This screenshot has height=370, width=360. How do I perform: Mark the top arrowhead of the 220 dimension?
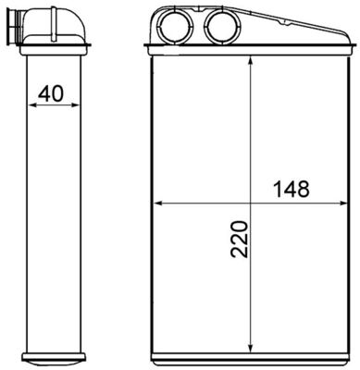click(252, 70)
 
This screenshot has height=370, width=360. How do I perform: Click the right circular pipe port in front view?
click(220, 25)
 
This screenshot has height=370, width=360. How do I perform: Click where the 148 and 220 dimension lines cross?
click(252, 202)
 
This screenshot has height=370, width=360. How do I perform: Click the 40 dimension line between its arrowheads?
click(55, 105)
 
